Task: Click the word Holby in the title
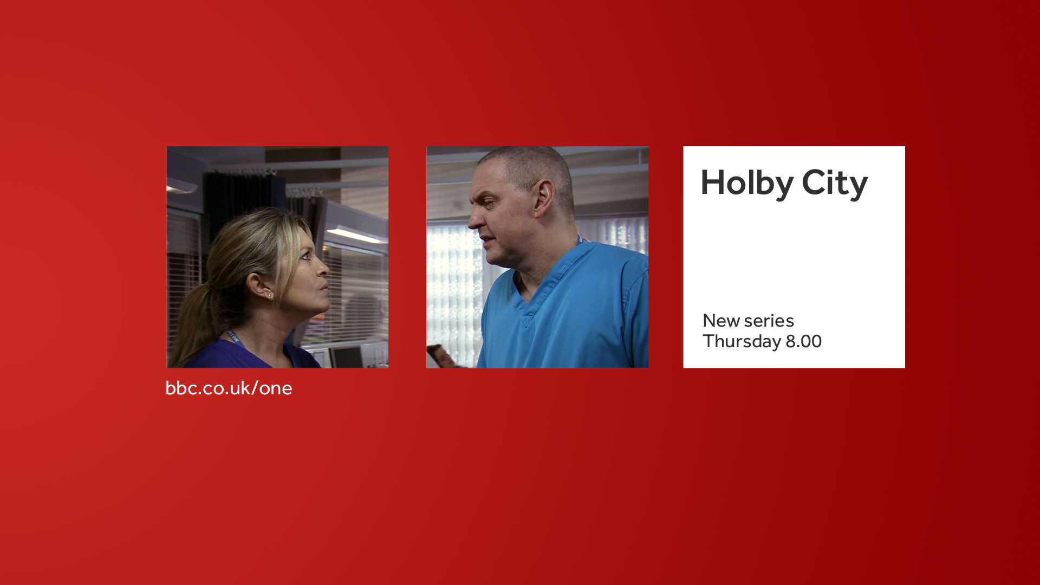747,183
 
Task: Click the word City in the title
835,183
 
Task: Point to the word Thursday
742,342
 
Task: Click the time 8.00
804,341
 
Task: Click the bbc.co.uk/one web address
229,388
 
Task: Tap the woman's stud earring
269,295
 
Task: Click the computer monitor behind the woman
347,356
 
